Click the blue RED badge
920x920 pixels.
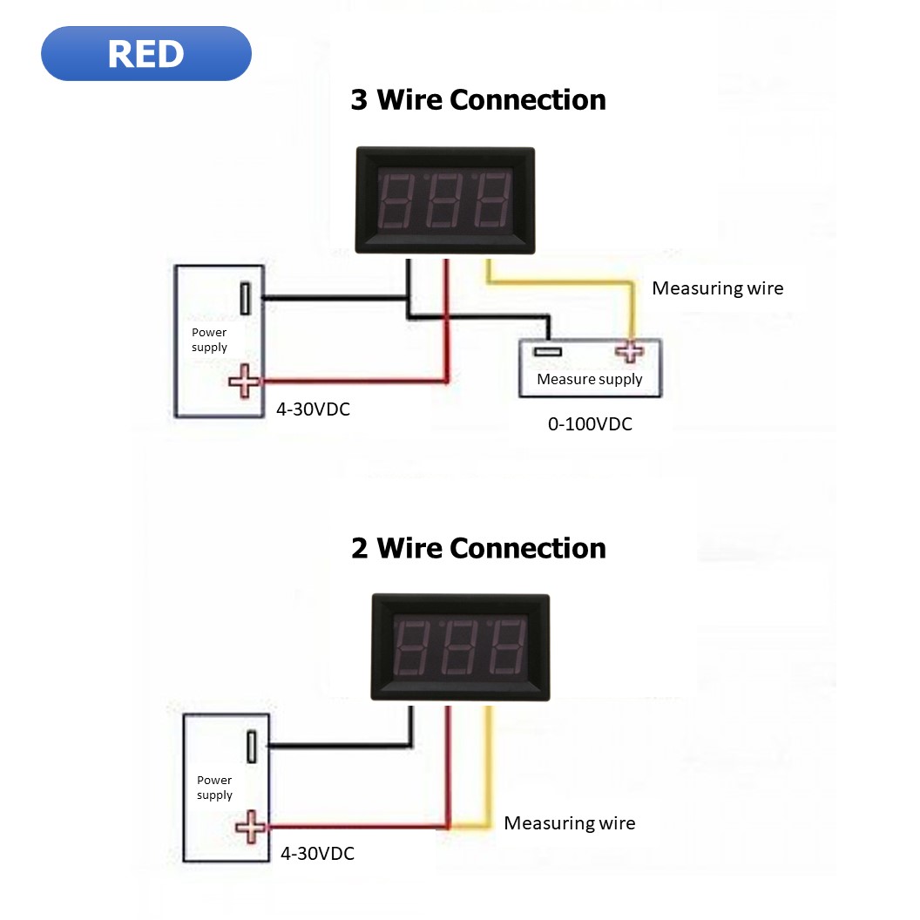(x=145, y=54)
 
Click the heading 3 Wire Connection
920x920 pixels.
(x=477, y=99)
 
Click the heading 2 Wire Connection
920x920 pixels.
(x=477, y=548)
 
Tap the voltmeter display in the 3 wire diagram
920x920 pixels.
(x=445, y=200)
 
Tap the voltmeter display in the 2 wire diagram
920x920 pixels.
(x=460, y=647)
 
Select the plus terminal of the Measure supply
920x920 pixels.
(x=627, y=351)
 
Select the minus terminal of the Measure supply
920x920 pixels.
(x=549, y=351)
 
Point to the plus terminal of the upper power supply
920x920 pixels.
(x=245, y=381)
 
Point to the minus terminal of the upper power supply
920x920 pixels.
(x=246, y=298)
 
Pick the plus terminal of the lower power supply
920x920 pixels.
(x=251, y=827)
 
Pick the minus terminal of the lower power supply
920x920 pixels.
(x=251, y=747)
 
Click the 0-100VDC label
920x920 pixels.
(x=590, y=424)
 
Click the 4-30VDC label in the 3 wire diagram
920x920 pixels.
(x=313, y=408)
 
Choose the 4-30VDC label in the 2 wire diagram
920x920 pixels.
(x=317, y=854)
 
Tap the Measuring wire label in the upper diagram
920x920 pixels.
(x=717, y=288)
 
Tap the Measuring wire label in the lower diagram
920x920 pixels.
(x=570, y=823)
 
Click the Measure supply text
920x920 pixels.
(x=589, y=379)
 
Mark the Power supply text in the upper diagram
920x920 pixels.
(x=209, y=340)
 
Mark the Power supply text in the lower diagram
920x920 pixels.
(x=214, y=788)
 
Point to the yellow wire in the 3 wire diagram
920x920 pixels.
(x=558, y=281)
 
